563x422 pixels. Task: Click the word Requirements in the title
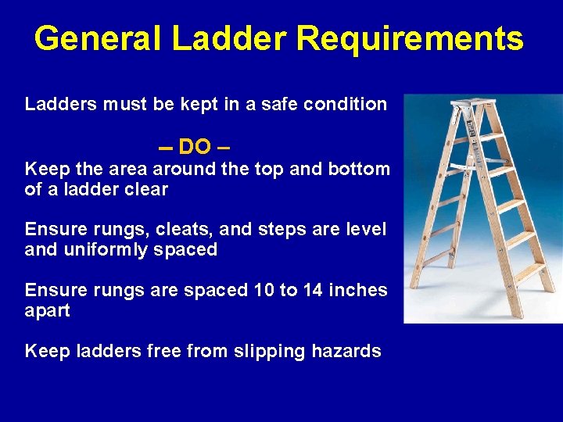[x=413, y=38]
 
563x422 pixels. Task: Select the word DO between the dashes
[x=194, y=147]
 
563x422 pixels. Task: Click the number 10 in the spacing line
[x=264, y=290]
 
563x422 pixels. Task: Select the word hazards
[x=346, y=351]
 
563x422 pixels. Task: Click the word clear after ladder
[x=145, y=189]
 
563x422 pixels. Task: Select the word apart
[x=47, y=310]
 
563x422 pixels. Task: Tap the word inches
[x=359, y=290]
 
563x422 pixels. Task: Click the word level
[x=367, y=229]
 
